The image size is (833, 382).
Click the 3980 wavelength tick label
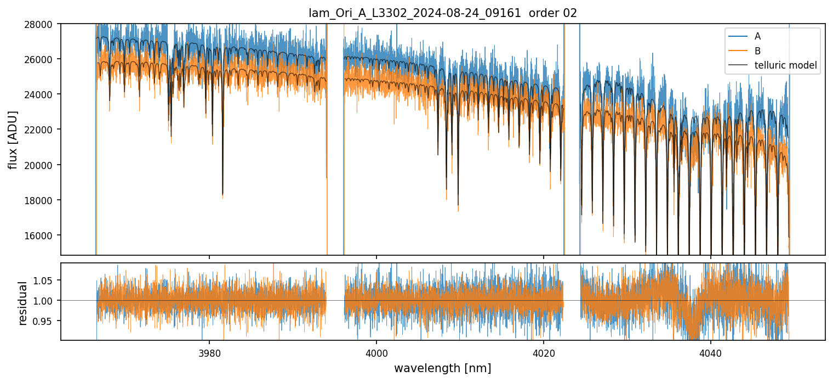209,351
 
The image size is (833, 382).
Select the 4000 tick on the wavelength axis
376,351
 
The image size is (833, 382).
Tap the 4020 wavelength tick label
543,351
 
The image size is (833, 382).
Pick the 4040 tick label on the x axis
710,351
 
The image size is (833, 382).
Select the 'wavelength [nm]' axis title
443,368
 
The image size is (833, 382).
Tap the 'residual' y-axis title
22,303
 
